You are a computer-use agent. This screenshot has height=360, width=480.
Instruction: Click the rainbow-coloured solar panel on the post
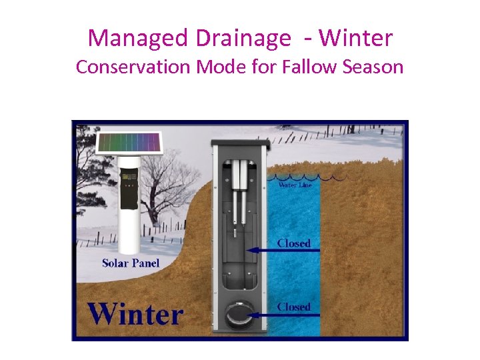click(129, 143)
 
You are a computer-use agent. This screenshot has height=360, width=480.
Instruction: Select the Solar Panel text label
click(131, 263)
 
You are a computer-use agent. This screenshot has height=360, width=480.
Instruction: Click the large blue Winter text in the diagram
click(135, 312)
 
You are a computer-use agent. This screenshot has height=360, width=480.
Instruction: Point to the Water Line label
click(295, 185)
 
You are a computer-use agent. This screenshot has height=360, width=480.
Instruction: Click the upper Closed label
click(293, 243)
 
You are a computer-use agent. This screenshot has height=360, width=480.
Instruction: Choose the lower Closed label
click(293, 307)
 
